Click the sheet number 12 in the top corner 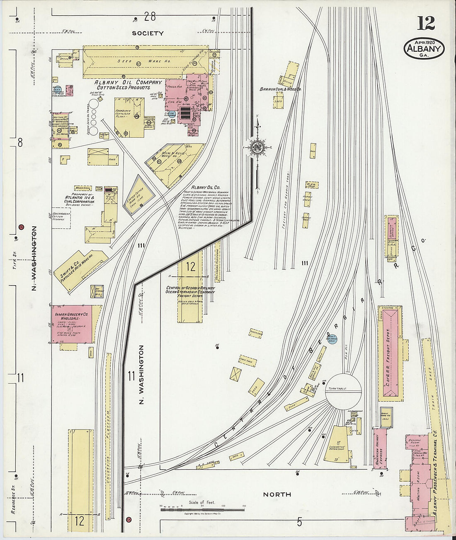tap(426, 24)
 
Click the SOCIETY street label tap(148, 33)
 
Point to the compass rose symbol tap(257, 147)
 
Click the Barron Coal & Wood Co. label tap(280, 89)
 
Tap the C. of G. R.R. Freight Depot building tap(390, 353)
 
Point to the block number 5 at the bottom tap(299, 522)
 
